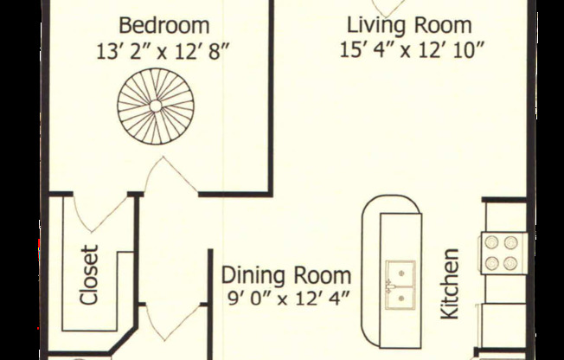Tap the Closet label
(89, 275)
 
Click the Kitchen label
(450, 284)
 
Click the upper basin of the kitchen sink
(400, 273)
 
